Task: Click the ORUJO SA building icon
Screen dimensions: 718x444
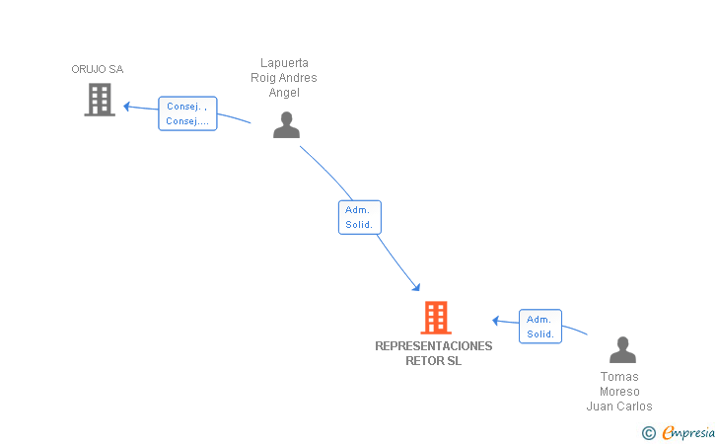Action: coord(100,100)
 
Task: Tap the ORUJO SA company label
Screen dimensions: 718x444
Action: coord(97,69)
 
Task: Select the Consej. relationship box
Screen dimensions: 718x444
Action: coord(187,113)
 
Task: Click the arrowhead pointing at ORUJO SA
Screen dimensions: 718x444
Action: coord(127,107)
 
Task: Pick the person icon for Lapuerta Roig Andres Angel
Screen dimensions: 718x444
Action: coord(286,124)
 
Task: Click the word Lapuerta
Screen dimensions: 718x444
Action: coord(284,63)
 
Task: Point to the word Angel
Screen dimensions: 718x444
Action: coord(284,93)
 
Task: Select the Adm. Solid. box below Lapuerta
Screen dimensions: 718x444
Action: coord(359,217)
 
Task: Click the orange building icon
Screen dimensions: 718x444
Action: coord(436,317)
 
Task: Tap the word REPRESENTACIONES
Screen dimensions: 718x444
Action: coord(434,346)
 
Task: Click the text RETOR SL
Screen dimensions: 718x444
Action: coord(434,361)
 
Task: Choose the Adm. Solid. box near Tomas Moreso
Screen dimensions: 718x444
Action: coord(540,327)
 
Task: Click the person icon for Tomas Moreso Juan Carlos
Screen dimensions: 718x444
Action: coord(622,349)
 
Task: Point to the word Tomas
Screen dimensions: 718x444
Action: coord(619,377)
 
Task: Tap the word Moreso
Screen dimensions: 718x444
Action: coord(619,392)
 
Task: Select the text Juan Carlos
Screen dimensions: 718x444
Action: coord(619,406)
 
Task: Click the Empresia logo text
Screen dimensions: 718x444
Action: coord(688,432)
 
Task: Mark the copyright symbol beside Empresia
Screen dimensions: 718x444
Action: coord(649,433)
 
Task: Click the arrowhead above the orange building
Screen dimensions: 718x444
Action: coord(416,287)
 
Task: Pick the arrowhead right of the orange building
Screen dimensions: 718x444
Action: coord(495,321)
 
